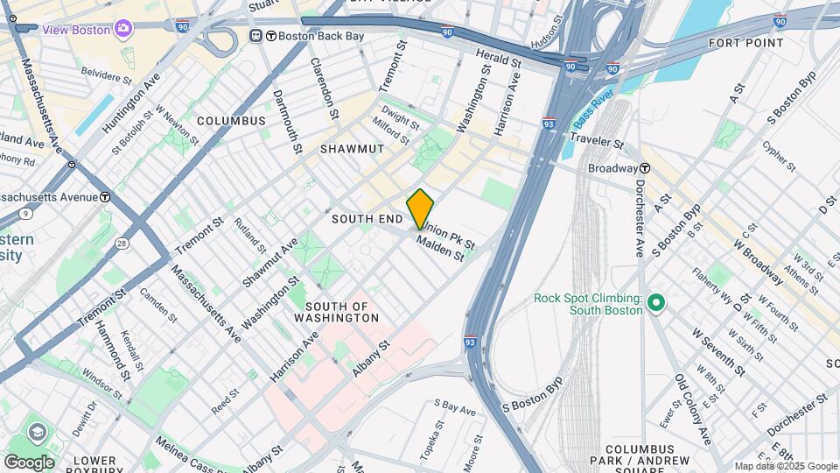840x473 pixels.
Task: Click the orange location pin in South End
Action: [x=420, y=209]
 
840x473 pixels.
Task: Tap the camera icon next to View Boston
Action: [x=124, y=30]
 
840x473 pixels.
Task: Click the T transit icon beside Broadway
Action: [x=644, y=168]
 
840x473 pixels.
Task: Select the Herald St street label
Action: [x=499, y=59]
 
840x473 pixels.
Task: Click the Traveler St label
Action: [x=596, y=141]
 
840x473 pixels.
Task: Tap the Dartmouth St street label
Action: [x=288, y=122]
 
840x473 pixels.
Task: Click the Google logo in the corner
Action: [x=29, y=462]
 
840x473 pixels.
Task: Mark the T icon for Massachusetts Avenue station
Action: [x=104, y=197]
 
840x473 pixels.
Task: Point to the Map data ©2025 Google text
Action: [x=785, y=466]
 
